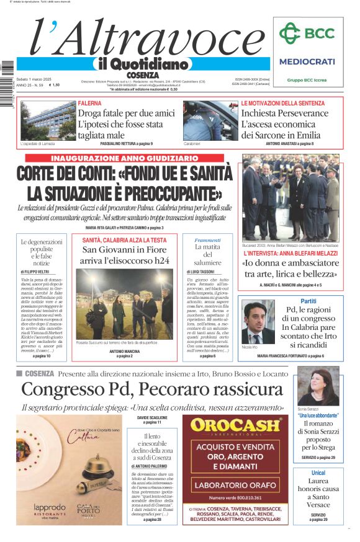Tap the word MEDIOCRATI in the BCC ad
[307, 61]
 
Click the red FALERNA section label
[89, 104]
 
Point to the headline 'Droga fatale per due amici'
[126, 113]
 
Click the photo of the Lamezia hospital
[46, 121]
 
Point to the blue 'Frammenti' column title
[207, 240]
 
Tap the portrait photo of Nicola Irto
[258, 322]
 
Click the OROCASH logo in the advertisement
[236, 425]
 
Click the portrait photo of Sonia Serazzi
[318, 386]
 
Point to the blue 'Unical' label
[318, 473]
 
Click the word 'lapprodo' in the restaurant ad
[50, 507]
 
